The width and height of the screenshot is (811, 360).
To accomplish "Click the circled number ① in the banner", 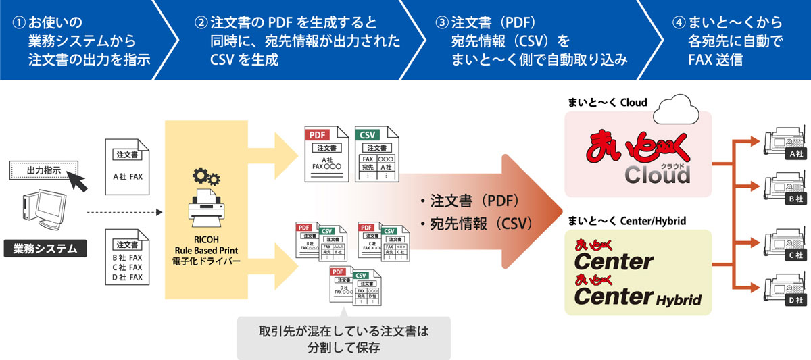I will [x=18, y=22].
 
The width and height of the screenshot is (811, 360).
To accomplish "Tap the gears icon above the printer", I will [x=205, y=177].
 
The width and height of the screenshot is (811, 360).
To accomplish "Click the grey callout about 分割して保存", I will [x=344, y=338].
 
